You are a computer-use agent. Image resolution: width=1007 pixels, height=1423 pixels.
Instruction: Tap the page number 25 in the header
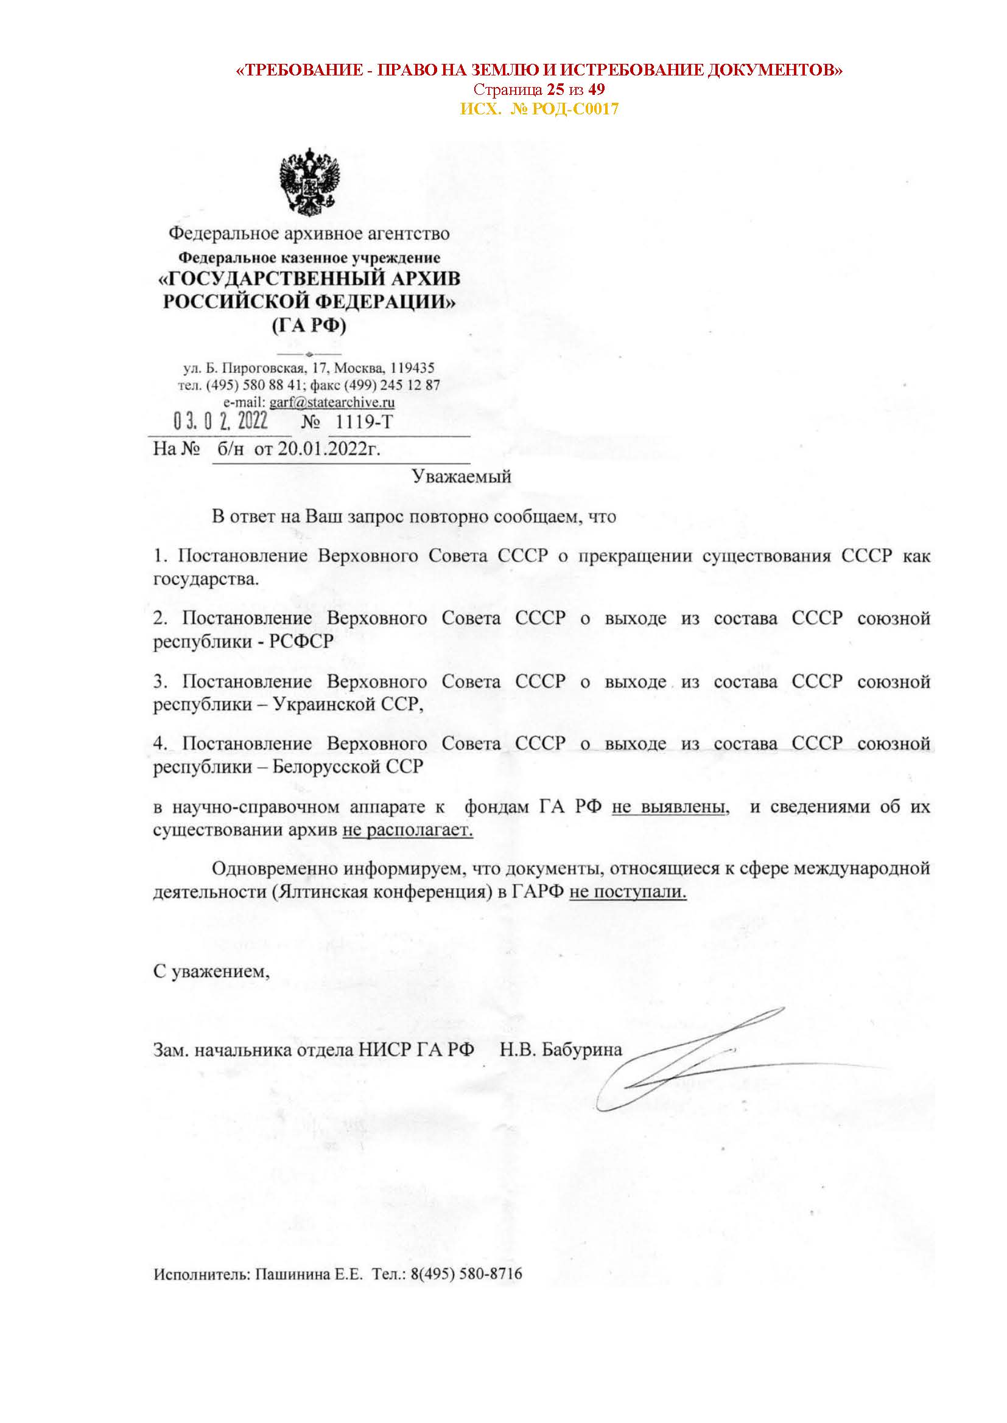555,89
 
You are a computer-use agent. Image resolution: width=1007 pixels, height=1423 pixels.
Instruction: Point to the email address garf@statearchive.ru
332,402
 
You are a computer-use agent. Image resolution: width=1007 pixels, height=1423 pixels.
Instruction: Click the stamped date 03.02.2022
221,423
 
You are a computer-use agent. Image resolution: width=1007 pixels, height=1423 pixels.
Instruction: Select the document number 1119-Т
364,423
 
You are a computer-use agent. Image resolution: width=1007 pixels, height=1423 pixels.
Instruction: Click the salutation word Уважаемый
461,476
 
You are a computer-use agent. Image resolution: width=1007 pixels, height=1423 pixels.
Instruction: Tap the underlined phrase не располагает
407,830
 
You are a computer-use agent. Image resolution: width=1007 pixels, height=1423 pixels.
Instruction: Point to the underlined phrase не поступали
628,893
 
